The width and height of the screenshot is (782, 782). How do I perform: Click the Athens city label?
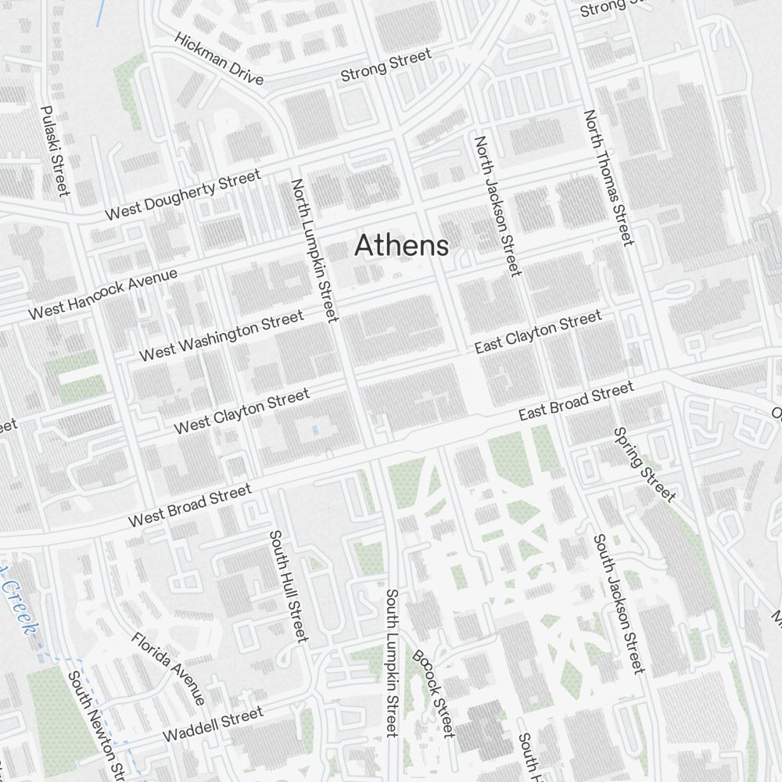402,246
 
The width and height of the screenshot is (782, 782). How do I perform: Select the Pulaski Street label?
55,151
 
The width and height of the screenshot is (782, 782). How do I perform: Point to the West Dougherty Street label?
183,195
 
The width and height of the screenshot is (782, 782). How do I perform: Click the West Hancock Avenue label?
103,294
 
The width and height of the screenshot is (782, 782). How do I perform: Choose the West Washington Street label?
221,336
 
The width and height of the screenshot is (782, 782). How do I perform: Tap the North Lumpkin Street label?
314,250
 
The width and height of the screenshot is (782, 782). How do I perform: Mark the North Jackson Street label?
497,206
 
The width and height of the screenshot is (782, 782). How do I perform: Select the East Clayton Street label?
538,332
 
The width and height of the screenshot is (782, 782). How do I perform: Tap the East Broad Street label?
576,401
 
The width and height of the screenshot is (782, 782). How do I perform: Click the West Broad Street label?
190,505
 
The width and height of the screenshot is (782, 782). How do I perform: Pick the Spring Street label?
644,464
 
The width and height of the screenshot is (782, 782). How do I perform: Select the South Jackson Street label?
619,603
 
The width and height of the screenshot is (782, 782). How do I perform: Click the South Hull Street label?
289,586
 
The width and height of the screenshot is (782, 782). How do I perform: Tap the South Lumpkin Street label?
392,662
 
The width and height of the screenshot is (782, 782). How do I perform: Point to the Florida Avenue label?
168,668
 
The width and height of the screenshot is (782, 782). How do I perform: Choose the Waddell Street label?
213,724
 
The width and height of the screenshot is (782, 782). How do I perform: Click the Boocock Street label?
433,693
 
